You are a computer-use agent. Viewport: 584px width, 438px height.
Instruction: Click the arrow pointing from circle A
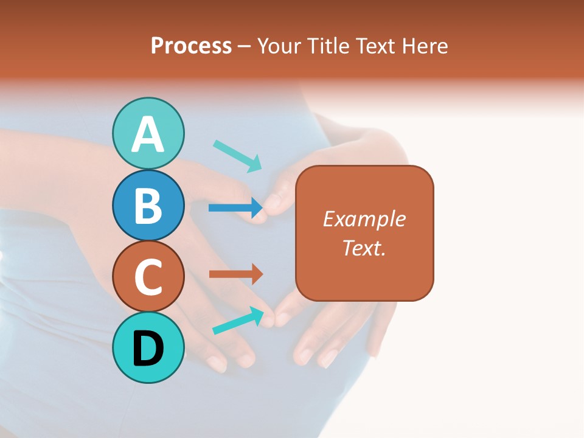[x=237, y=155]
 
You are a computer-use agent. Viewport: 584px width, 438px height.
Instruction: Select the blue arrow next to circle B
[x=235, y=208]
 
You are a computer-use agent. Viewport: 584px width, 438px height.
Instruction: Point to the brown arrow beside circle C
[x=235, y=274]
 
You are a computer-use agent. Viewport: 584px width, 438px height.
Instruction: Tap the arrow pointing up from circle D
[x=238, y=320]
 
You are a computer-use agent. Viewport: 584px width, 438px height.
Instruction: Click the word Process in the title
[x=191, y=46]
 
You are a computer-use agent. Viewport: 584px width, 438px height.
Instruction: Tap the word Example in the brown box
[x=364, y=219]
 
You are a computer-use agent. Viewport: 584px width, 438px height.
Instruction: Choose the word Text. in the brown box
[x=364, y=248]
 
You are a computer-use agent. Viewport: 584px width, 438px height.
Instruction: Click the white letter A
[x=148, y=135]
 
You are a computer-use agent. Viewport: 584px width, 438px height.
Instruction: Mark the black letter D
[x=148, y=349]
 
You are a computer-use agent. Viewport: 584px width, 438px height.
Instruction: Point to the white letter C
[x=148, y=277]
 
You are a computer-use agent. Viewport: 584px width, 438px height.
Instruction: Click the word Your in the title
[x=280, y=46]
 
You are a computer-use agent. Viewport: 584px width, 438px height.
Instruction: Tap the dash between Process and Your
[x=245, y=47]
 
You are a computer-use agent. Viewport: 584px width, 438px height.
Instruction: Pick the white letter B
[x=148, y=206]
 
